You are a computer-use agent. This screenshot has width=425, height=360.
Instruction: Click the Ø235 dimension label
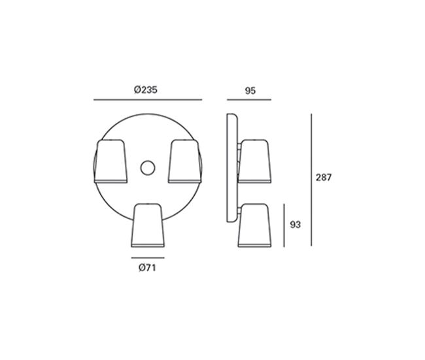(x=146, y=90)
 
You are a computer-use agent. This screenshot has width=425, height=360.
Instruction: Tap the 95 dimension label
(x=250, y=91)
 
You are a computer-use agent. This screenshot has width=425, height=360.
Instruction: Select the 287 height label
(x=324, y=178)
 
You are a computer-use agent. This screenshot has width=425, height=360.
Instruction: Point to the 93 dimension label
(x=295, y=225)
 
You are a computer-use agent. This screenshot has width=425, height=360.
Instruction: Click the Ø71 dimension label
(x=147, y=268)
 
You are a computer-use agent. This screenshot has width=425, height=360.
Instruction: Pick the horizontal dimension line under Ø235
(x=148, y=100)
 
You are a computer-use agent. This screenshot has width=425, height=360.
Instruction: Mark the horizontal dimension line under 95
(x=249, y=100)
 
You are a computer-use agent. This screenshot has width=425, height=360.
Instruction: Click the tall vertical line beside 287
(x=311, y=180)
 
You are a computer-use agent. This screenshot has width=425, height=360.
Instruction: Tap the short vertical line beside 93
(x=284, y=225)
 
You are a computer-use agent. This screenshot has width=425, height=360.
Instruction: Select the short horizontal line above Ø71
(x=148, y=257)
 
